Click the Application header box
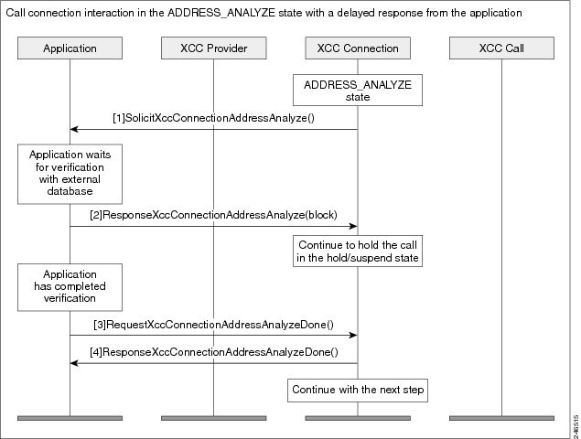(x=70, y=48)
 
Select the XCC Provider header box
(x=213, y=48)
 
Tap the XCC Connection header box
(x=358, y=48)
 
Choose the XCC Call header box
(x=501, y=48)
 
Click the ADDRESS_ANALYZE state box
(x=358, y=91)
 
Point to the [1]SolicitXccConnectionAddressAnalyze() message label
(x=213, y=118)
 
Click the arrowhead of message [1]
(x=74, y=129)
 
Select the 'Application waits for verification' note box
(x=70, y=174)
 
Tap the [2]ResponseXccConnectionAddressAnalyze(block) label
(x=213, y=215)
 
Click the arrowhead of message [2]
(x=353, y=226)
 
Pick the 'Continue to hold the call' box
(x=358, y=252)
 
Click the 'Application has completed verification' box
(x=70, y=287)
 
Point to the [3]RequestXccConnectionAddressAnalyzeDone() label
(x=213, y=325)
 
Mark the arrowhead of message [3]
(x=353, y=336)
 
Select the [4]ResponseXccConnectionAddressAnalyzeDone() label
(x=214, y=352)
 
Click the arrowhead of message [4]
(x=74, y=363)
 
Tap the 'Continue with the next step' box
(x=358, y=391)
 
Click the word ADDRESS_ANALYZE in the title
(x=221, y=13)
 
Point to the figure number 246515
(x=576, y=425)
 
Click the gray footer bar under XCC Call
(x=501, y=418)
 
